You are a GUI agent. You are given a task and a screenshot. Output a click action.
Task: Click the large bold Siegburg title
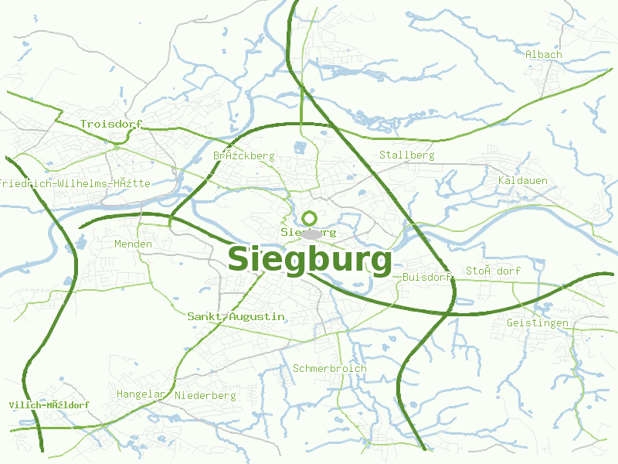pos(309,260)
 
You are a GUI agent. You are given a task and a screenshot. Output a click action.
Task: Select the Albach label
pos(543,54)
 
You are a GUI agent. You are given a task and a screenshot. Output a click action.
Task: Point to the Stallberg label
pos(406,155)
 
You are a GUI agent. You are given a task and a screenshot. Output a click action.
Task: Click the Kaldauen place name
pos(522,180)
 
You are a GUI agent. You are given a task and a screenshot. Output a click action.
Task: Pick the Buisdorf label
pos(426,277)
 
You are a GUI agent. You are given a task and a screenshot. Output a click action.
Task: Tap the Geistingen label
pos(537,322)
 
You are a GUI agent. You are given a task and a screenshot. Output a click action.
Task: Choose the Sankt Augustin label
pos(236,317)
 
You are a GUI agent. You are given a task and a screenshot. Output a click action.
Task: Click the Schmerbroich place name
pos(329,368)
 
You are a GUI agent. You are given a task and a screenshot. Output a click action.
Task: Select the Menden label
pos(133,244)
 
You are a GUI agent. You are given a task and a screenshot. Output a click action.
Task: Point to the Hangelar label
pos(141,394)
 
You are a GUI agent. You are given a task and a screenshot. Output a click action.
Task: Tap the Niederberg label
pos(205,395)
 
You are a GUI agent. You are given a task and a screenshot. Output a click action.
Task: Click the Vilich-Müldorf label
pos(49,405)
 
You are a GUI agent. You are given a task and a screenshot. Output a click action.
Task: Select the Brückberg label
pos(243,155)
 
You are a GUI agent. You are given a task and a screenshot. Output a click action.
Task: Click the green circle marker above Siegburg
pos(310,218)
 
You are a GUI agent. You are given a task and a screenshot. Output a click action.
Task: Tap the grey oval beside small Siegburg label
pos(311,234)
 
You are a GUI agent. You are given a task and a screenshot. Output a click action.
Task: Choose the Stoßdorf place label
pos(492,271)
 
